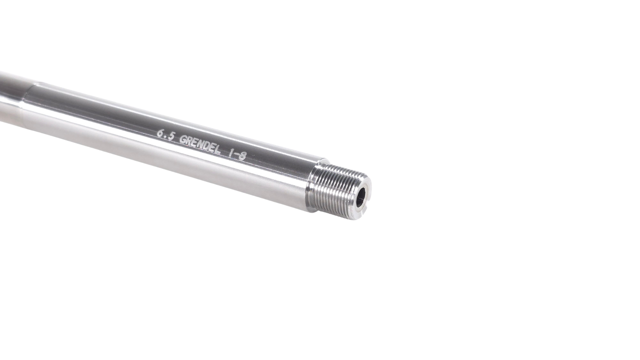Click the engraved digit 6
tap(161, 133)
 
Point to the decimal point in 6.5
tap(166, 137)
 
